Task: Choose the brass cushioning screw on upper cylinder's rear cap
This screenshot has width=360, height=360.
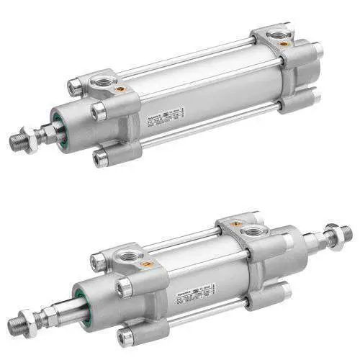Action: (x=285, y=43)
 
